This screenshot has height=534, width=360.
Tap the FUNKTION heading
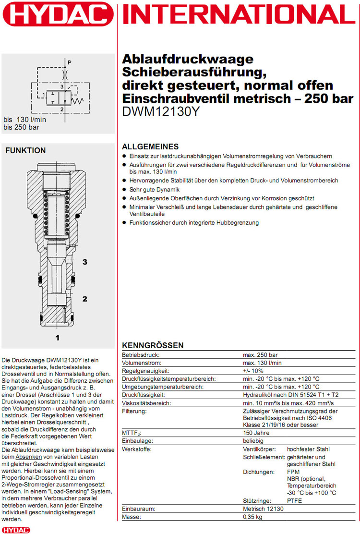25,150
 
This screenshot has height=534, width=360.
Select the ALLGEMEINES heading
150,146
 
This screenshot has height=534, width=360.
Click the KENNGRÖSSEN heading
152,345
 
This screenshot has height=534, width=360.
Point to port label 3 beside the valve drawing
84,262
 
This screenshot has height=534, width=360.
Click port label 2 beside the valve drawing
84,299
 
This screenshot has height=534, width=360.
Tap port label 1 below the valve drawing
57,338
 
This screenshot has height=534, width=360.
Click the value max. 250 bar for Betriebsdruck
260,354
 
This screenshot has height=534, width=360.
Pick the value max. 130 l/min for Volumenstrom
262,363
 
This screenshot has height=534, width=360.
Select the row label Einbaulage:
137,441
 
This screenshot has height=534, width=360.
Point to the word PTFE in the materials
295,501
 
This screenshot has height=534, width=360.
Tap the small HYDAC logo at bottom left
16,529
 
